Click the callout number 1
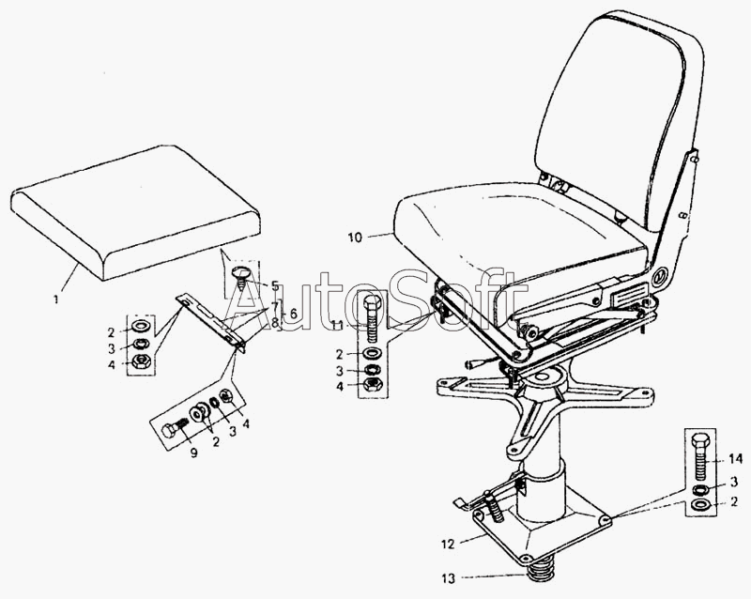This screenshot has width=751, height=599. point(56,300)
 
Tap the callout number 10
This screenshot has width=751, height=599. point(355,238)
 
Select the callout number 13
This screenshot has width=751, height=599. point(449,579)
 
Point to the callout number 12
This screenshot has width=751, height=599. point(449,545)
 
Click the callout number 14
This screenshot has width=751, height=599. point(735,460)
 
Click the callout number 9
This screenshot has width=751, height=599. point(194,453)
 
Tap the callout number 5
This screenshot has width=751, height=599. point(275,286)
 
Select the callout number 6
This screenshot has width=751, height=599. point(293,313)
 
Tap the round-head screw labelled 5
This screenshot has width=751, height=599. point(241,279)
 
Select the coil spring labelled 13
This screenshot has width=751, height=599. point(538,573)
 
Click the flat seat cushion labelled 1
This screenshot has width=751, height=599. point(135,212)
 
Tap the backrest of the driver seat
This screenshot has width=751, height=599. point(618,120)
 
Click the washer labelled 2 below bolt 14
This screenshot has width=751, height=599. point(701,505)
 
